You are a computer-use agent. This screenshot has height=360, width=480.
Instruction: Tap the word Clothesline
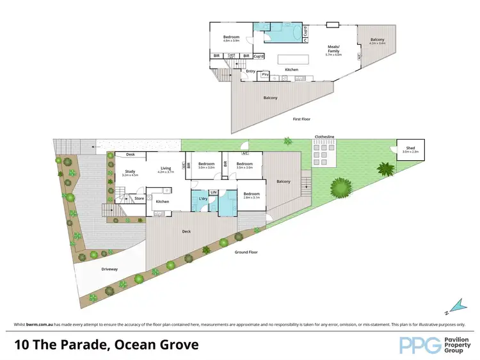coord(324,136)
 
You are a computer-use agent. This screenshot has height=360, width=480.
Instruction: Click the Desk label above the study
coord(130,154)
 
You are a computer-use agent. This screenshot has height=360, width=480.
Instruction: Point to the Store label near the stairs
coord(139,199)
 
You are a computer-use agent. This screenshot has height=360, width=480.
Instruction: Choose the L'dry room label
coord(203,198)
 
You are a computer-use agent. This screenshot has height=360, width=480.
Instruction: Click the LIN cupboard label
coord(214,192)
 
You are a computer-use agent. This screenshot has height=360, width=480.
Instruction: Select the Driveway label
coord(109,269)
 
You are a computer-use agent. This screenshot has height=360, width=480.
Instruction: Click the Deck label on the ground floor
coord(186,232)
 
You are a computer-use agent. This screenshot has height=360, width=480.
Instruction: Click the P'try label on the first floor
coord(264,76)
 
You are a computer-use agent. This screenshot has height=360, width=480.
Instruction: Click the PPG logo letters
coord(418,345)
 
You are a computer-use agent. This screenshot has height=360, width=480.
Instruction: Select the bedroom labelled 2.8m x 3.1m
coord(251,195)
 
